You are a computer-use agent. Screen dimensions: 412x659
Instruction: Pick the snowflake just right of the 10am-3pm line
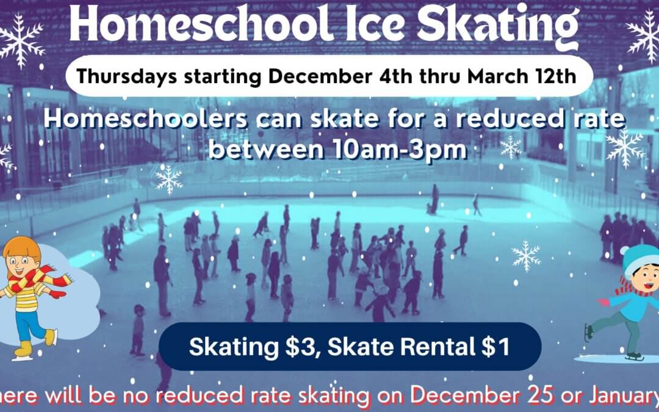(511, 146)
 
